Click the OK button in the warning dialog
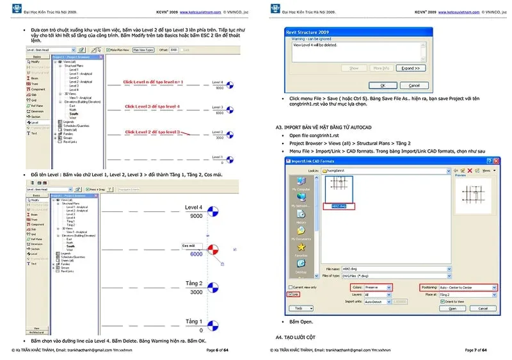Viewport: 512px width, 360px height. point(382,85)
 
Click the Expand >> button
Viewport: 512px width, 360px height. point(411,68)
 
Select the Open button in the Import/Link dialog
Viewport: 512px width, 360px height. point(452,308)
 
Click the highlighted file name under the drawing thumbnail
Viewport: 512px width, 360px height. point(338,206)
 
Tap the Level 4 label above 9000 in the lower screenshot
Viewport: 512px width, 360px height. point(193,208)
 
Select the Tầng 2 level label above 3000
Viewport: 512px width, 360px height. point(193,283)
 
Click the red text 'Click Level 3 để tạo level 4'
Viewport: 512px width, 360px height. point(152,106)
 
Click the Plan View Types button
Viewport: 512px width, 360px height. point(143,49)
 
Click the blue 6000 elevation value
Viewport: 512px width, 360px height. point(196,254)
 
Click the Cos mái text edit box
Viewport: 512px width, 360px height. point(192,245)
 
